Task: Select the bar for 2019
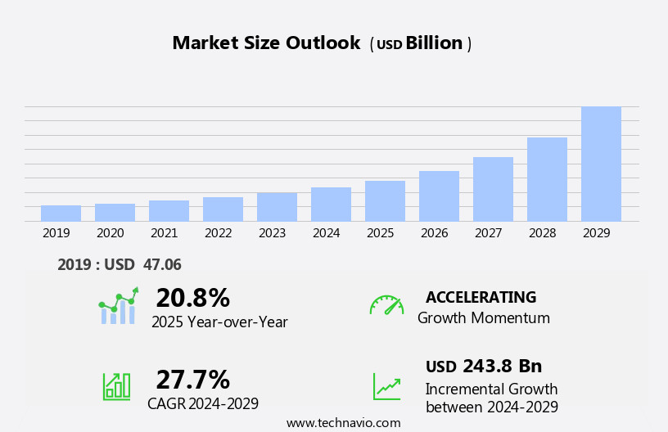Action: point(61,213)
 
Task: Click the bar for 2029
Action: point(601,164)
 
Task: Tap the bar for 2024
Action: point(331,204)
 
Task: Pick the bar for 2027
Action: point(493,189)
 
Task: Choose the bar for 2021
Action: point(169,210)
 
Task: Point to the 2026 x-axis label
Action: point(434,233)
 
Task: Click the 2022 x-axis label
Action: point(218,233)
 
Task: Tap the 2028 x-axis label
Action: point(542,233)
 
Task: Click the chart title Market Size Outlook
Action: point(266,43)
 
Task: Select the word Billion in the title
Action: point(434,43)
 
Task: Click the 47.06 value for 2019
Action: point(161,264)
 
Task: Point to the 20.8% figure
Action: point(192,298)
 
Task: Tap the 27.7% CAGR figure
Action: point(192,380)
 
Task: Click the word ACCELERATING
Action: point(481,297)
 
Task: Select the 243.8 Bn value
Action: point(502,366)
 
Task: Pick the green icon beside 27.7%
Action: point(116,385)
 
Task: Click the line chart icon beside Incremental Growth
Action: point(386,386)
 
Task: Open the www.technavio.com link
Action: point(343,423)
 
